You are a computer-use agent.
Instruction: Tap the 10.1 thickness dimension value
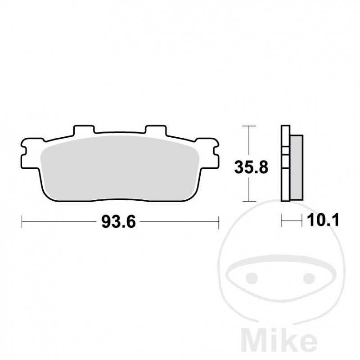[322, 220]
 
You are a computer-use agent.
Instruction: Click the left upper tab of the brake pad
[84, 130]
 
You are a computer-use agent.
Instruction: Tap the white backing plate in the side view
[284, 180]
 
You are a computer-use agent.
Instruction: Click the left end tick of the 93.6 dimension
[22, 221]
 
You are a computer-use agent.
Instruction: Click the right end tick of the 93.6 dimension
[219, 221]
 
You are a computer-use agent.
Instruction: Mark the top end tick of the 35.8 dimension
[249, 126]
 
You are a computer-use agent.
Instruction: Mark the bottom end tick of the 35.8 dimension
[249, 201]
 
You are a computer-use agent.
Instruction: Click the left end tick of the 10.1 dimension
[282, 220]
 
